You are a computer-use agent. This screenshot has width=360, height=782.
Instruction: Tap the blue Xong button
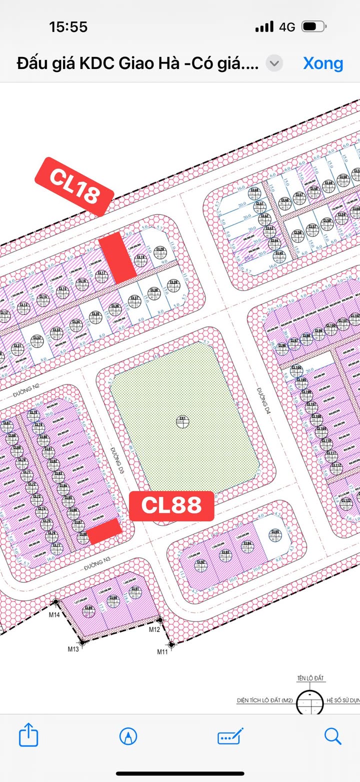click(323, 63)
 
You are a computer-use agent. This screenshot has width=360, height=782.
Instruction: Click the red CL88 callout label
click(171, 505)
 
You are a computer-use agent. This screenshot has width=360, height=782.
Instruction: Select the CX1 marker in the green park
click(183, 421)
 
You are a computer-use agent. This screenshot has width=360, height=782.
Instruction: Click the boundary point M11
click(171, 645)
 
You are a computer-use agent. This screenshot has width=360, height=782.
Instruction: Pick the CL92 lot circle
click(201, 564)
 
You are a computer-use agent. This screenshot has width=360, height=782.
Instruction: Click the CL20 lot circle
click(160, 251)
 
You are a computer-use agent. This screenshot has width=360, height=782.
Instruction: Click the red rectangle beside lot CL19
click(117, 258)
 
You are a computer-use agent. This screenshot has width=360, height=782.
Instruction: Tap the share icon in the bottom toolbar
click(28, 735)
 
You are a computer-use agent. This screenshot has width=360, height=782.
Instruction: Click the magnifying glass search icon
click(332, 735)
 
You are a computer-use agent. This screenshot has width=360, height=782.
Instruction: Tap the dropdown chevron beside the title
click(274, 63)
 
